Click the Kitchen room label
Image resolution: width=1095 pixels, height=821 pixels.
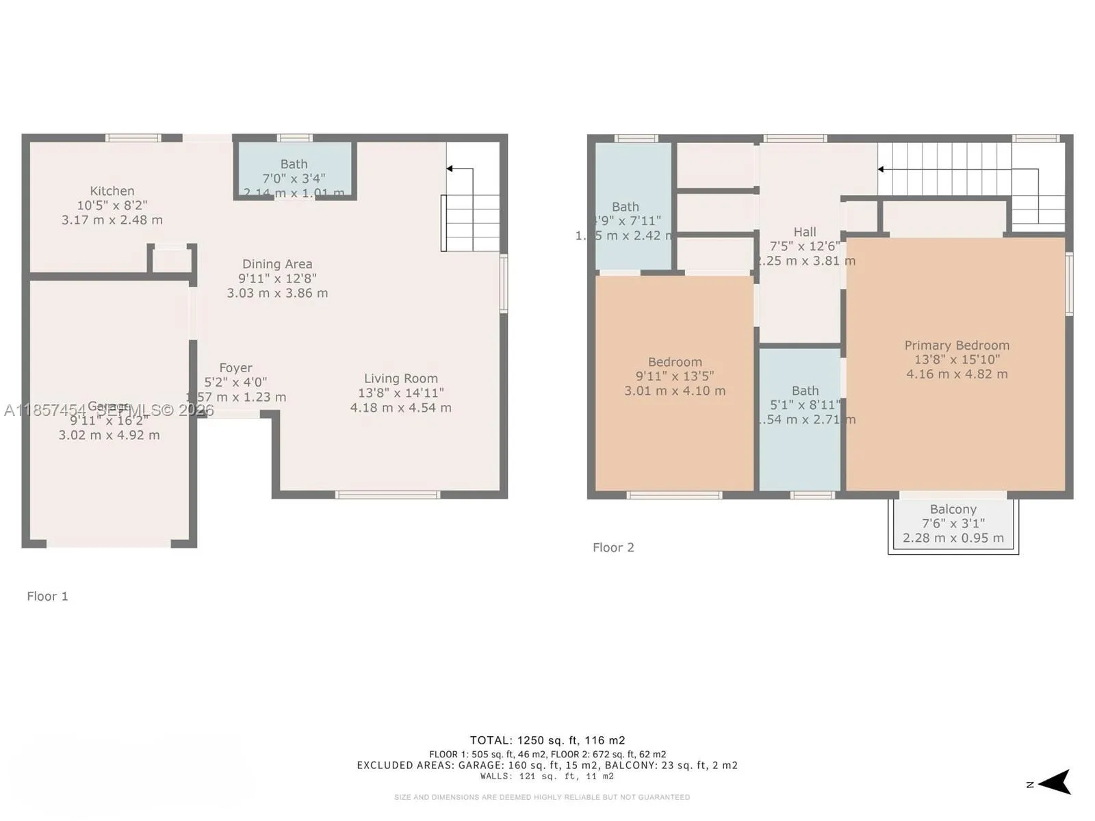112,191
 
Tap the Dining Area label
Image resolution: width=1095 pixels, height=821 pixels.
277,264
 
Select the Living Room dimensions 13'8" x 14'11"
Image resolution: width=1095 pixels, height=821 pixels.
401,393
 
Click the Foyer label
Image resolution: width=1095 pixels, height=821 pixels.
235,368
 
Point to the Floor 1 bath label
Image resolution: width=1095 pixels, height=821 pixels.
294,164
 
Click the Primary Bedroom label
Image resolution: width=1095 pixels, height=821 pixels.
957,346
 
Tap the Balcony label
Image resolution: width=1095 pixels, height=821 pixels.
953,509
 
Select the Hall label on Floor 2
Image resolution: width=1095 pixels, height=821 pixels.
805,232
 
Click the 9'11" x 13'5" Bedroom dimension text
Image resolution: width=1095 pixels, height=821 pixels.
675,376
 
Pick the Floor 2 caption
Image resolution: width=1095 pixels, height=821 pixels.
613,547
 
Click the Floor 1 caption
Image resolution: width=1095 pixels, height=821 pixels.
47,596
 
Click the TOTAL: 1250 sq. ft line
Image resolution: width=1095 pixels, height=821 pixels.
547,740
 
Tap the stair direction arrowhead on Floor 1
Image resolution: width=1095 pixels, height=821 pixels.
450,168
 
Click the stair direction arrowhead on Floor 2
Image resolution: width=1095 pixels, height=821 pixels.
881,169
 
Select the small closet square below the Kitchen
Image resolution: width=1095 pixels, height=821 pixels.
171,260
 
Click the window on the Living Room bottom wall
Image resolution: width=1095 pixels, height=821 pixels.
387,495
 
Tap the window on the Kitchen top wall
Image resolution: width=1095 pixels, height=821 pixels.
133,138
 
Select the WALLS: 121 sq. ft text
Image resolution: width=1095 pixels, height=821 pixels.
547,777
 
